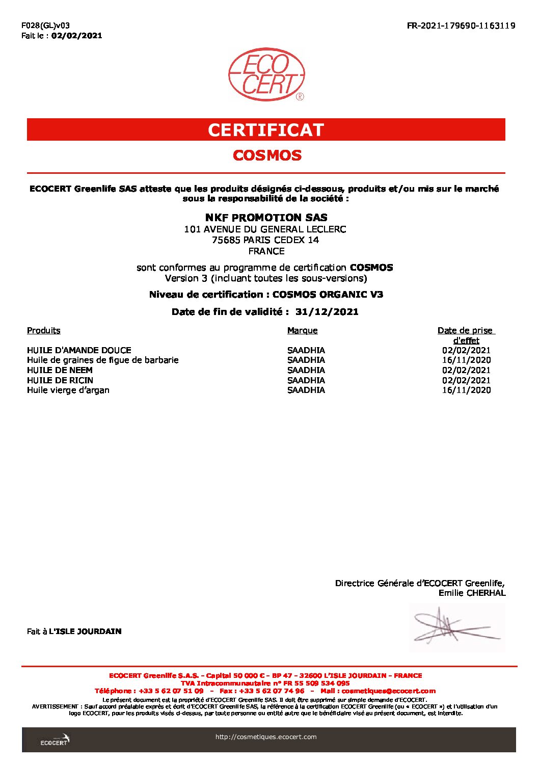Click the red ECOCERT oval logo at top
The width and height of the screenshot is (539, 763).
(x=266, y=74)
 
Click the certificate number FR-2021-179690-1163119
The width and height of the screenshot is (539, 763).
(x=461, y=25)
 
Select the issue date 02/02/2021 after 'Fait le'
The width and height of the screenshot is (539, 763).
(x=76, y=36)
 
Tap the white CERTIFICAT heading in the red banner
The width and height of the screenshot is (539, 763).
(x=266, y=130)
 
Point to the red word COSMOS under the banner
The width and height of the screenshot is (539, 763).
(x=267, y=155)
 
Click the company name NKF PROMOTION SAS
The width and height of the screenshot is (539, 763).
(x=266, y=218)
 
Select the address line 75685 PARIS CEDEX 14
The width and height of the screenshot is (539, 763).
(x=265, y=240)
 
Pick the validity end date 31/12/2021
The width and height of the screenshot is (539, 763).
(x=327, y=312)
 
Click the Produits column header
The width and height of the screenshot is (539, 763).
(x=44, y=330)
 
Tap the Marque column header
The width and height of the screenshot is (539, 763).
(x=302, y=330)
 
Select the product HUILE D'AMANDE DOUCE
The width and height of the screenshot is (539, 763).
(x=79, y=350)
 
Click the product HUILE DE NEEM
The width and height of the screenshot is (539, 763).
(x=60, y=370)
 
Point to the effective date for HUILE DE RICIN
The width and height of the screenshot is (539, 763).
(x=466, y=380)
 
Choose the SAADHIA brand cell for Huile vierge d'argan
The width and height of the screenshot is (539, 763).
(x=306, y=390)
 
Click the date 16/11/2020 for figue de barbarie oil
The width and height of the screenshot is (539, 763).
(x=466, y=360)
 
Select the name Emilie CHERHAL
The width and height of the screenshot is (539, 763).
(x=472, y=593)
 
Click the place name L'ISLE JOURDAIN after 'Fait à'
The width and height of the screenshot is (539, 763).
(x=85, y=632)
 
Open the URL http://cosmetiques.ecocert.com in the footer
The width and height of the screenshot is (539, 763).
(x=266, y=736)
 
